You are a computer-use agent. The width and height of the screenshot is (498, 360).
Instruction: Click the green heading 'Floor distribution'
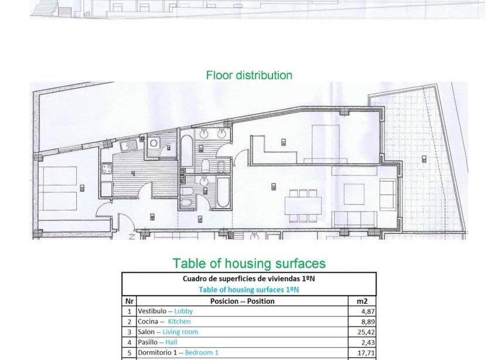pyautogui.click(x=249, y=75)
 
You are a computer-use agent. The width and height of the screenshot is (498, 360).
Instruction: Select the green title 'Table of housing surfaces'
pyautogui.click(x=249, y=263)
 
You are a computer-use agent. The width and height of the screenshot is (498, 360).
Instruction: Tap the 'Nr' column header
pyautogui.click(x=129, y=301)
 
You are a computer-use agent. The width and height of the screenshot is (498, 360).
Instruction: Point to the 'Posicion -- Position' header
pyautogui.click(x=242, y=301)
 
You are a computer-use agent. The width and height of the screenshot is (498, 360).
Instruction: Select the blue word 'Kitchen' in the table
pyautogui.click(x=179, y=321)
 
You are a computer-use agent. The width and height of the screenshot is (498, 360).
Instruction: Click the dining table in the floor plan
pyautogui.click(x=303, y=205)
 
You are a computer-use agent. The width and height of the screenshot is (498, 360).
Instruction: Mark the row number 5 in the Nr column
pyautogui.click(x=129, y=353)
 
